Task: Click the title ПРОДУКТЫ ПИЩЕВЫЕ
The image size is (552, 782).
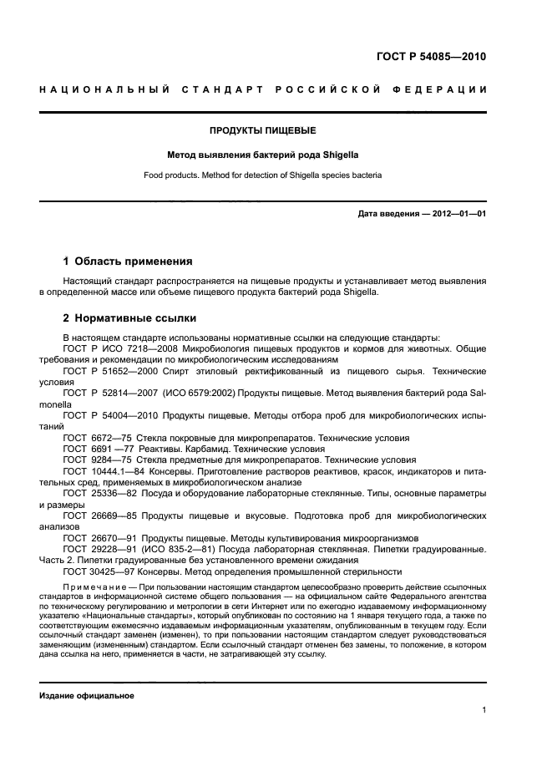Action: [x=263, y=130]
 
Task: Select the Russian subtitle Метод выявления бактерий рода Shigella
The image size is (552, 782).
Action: [x=263, y=155]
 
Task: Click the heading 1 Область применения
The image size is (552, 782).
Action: [x=128, y=261]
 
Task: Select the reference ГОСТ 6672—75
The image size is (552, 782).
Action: [x=94, y=438]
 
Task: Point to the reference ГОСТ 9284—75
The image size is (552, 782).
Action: [x=94, y=460]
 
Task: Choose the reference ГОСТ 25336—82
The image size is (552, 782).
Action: [x=95, y=494]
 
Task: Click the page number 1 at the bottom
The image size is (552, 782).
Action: [x=484, y=710]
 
